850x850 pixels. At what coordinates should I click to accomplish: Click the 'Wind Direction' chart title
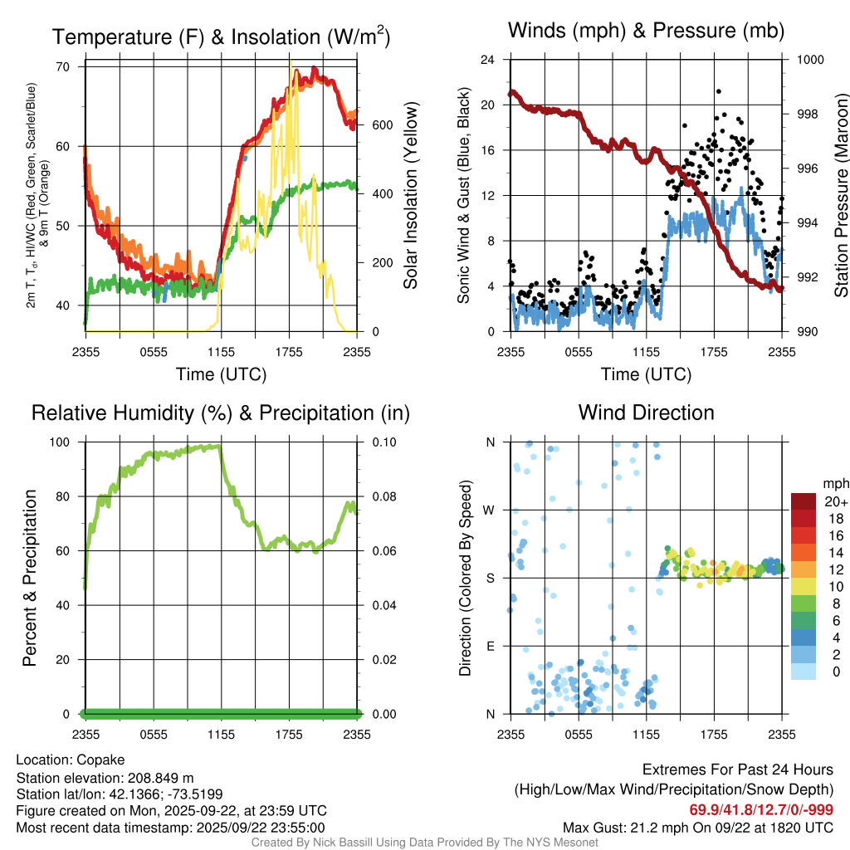(646, 413)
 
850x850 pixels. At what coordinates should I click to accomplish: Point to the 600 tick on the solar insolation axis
(379, 125)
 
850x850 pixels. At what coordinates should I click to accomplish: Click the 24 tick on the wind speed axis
(488, 60)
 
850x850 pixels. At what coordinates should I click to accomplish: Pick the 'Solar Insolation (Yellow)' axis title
(410, 195)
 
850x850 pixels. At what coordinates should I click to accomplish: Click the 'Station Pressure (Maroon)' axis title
(840, 195)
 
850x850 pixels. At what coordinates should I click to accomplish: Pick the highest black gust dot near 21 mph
(718, 91)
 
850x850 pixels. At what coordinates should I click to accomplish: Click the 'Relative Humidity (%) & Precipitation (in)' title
(220, 413)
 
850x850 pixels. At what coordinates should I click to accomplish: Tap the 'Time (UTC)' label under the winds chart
(646, 374)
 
